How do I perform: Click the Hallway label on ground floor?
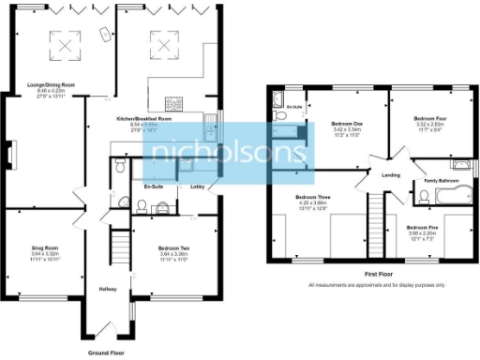click(x=106, y=289)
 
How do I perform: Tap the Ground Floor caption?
click(x=106, y=352)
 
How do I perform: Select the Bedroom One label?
click(x=347, y=124)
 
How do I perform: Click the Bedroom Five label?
click(x=424, y=228)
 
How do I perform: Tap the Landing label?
click(x=391, y=174)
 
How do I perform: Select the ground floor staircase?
click(x=119, y=249)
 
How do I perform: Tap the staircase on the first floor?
click(x=376, y=224)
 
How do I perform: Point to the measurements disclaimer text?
click(x=376, y=284)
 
